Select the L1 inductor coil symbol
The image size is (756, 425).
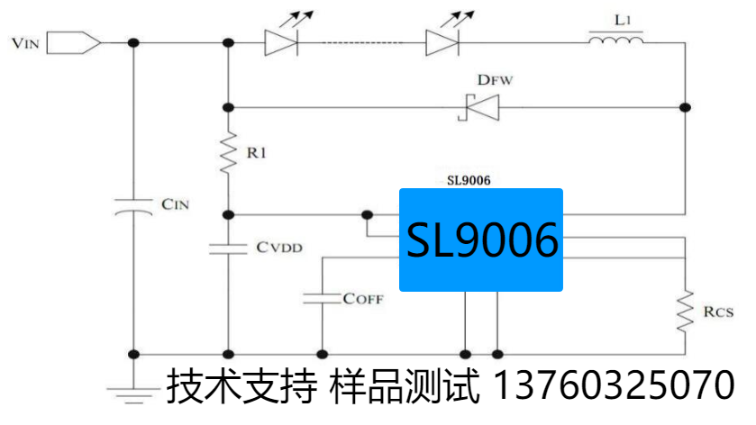(616, 41)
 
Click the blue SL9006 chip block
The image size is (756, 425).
(481, 240)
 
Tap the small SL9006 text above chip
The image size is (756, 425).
(469, 180)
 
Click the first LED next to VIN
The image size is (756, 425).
(278, 41)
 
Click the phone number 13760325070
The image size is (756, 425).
(615, 386)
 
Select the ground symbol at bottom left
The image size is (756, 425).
(134, 390)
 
